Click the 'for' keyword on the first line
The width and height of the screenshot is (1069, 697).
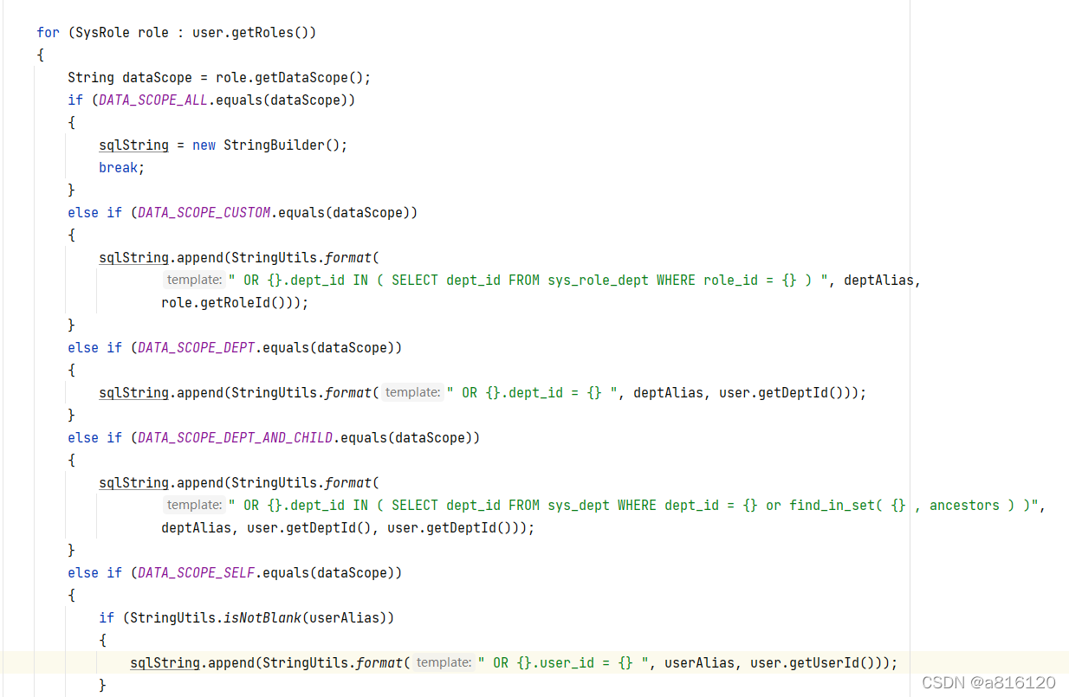[x=48, y=33]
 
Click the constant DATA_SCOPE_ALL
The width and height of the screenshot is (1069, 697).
[x=153, y=100]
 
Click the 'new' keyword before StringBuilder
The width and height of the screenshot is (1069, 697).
[x=204, y=145]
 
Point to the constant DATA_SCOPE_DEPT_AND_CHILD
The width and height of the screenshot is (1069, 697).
[x=235, y=438]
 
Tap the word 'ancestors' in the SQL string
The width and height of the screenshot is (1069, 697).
[x=964, y=506]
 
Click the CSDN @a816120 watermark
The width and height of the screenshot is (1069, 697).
[x=988, y=682]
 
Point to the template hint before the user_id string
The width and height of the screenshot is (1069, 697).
[x=443, y=663]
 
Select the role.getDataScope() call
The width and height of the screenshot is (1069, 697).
[x=293, y=78]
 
